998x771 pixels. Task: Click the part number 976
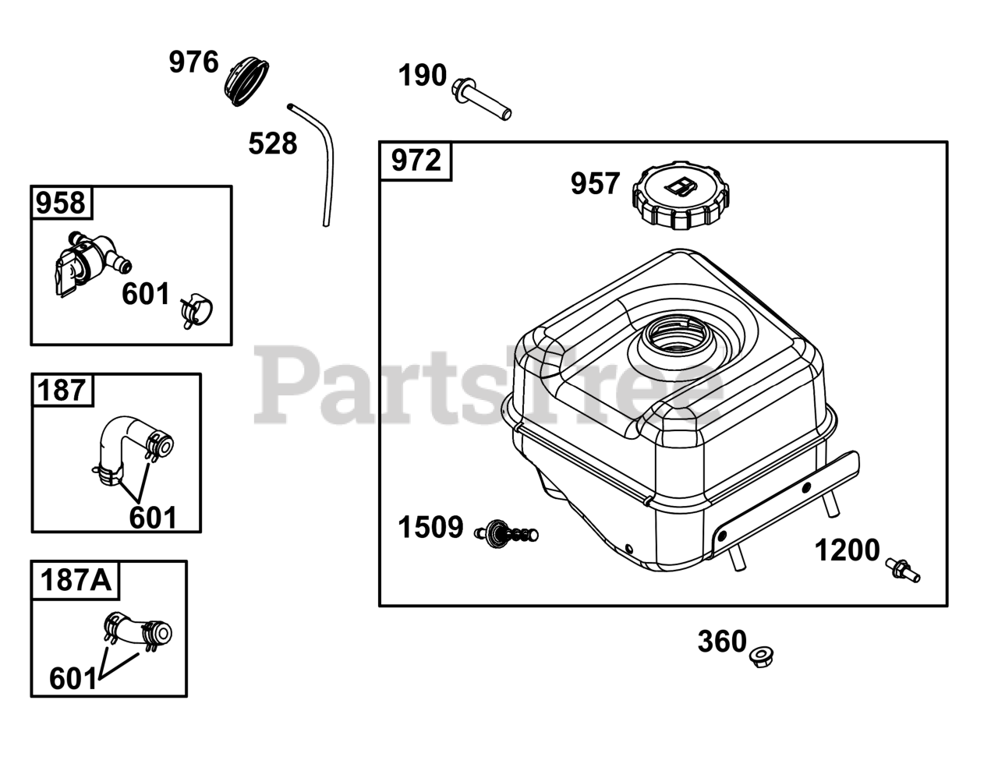[193, 62]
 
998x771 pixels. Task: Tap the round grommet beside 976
[246, 81]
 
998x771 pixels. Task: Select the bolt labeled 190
[481, 99]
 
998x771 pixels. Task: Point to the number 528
[273, 143]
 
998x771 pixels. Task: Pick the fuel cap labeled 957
[681, 195]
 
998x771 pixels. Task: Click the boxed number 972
[416, 161]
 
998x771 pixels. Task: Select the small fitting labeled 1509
[507, 533]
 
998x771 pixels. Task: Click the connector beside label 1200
[902, 571]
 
